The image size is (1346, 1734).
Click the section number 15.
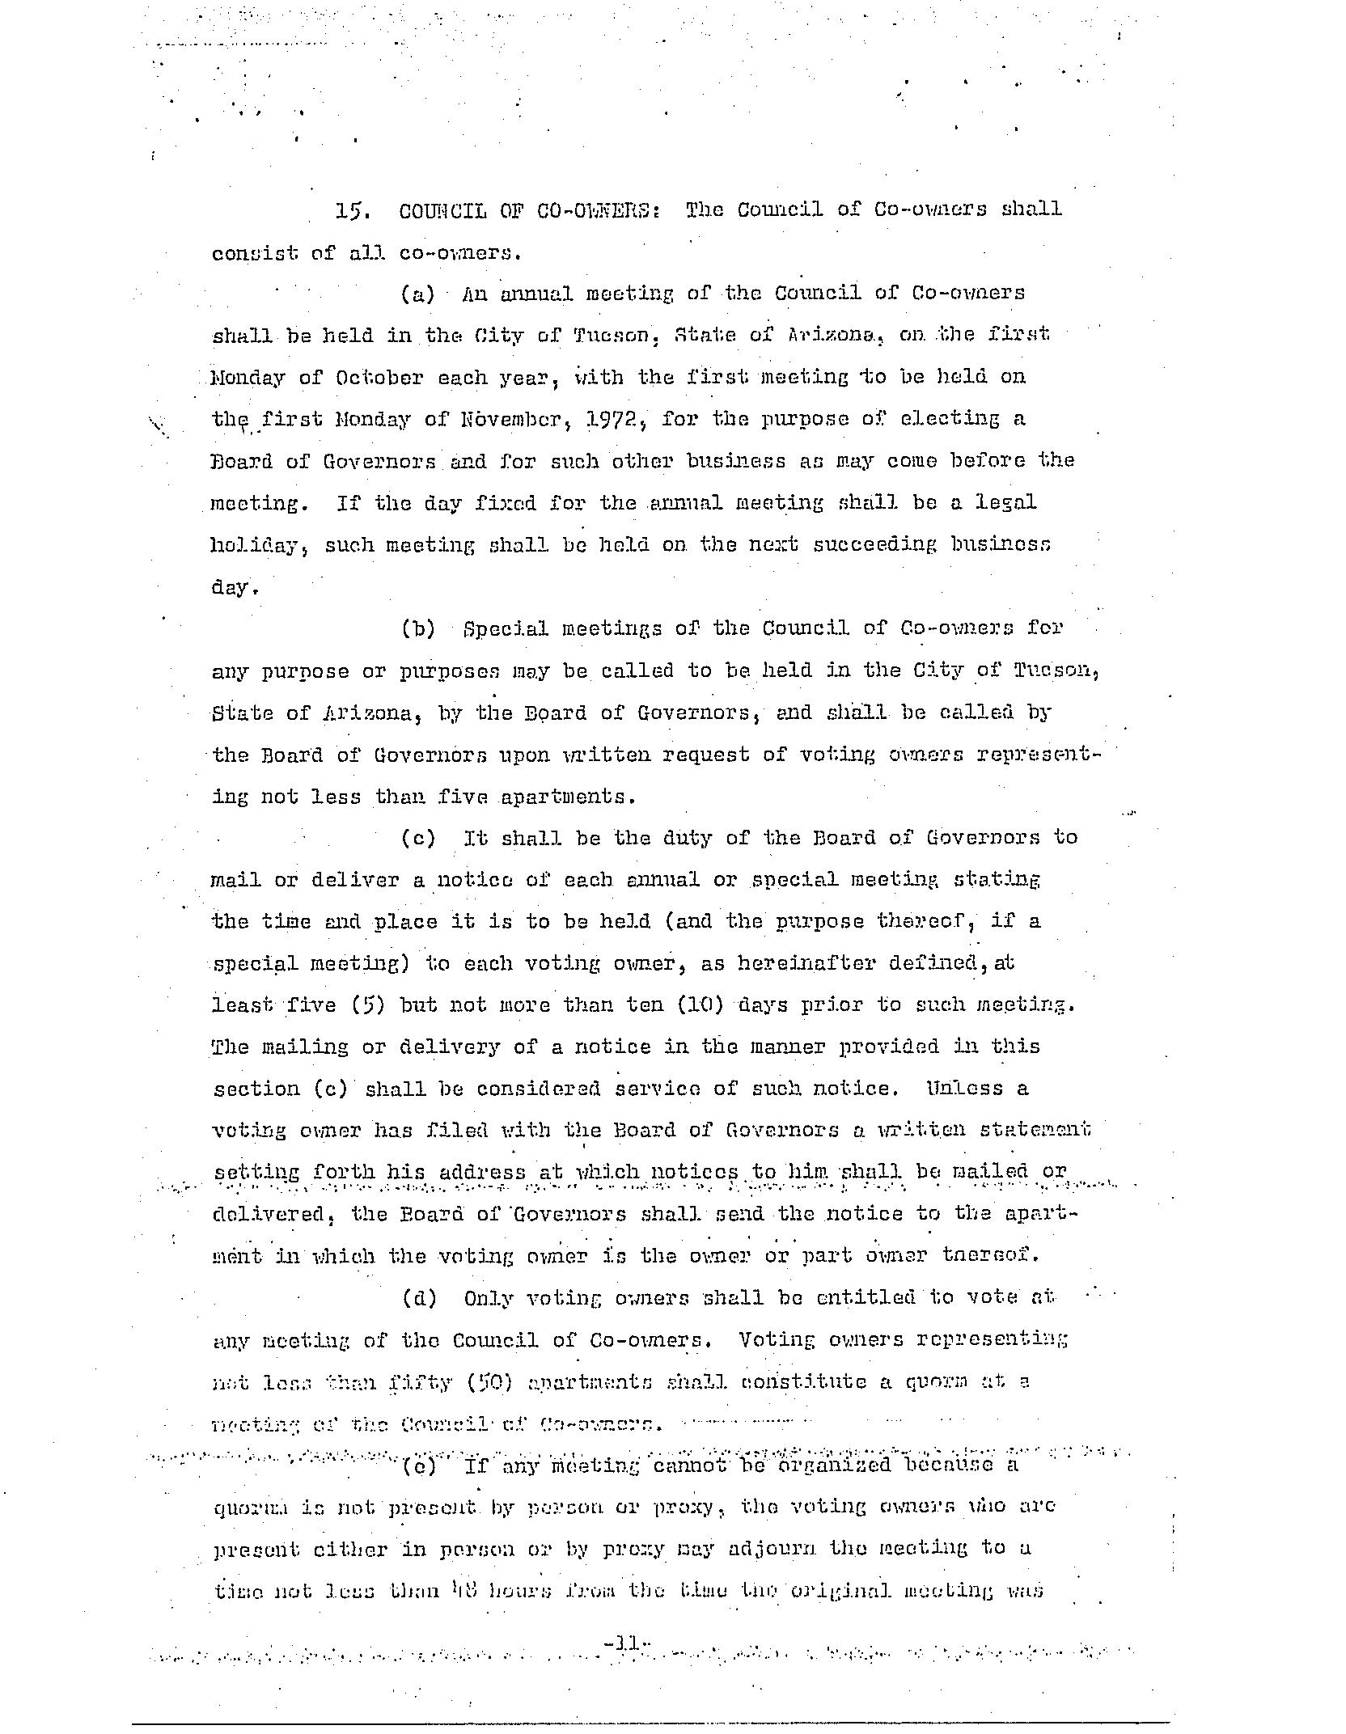pos(353,210)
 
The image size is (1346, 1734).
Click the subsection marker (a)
pos(418,294)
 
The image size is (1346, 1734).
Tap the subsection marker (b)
pos(418,628)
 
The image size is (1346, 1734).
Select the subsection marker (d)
pos(419,1298)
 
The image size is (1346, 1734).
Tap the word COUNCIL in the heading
pos(442,210)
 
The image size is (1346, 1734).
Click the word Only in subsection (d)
pos(489,1298)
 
